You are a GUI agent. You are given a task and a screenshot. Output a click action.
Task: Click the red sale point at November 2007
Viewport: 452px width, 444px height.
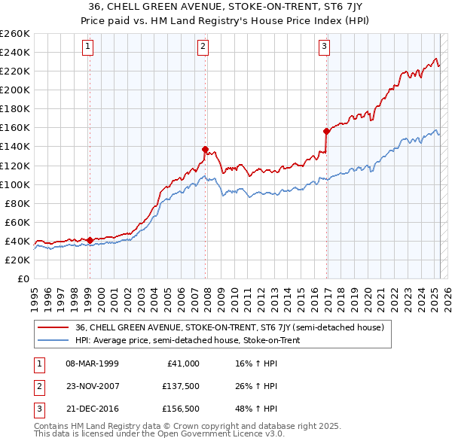coord(206,149)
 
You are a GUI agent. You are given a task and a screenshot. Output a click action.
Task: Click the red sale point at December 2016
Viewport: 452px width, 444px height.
coord(326,131)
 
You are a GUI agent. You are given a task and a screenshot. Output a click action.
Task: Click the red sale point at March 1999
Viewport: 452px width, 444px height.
coord(90,240)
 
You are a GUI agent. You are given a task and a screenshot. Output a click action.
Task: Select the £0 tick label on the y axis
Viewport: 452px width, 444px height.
coord(23,278)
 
